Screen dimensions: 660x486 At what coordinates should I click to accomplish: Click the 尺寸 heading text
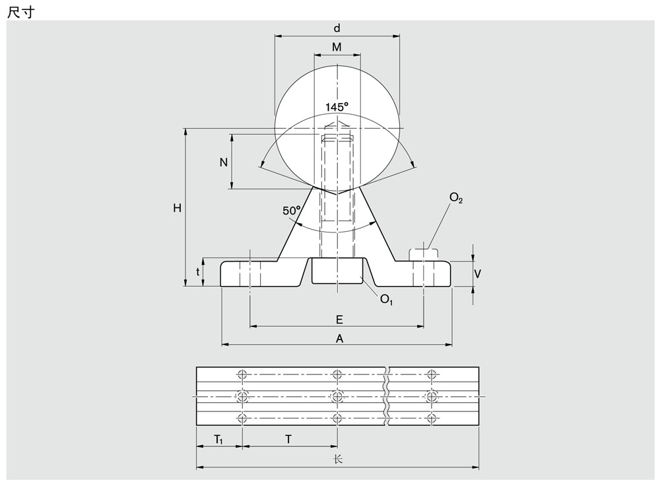pos(20,12)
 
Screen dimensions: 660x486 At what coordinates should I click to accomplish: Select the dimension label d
pos(337,28)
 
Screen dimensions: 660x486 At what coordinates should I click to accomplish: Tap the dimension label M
pos(337,47)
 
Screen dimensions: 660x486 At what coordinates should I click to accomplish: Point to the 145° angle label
pos(337,107)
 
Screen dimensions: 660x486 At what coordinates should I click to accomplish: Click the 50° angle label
pos(292,210)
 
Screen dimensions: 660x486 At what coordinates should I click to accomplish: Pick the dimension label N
pos(224,162)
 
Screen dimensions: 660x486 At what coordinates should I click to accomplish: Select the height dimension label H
pos(177,207)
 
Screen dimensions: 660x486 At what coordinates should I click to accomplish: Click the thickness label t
pos(197,272)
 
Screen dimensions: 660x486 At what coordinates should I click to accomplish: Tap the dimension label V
pos(478,274)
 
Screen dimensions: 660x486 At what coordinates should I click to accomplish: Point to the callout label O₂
pos(456,197)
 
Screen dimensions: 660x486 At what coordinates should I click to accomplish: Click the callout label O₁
pos(386,299)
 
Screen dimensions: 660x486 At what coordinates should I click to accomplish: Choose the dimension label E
pos(339,320)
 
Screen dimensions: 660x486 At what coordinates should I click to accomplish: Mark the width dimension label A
pos(339,338)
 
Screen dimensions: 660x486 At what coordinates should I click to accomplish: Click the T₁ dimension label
pos(218,440)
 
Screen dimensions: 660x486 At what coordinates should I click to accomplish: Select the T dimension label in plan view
pos(288,439)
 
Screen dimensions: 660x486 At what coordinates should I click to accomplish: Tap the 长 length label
pos(337,459)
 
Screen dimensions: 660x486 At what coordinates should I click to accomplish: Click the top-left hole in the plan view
pos(242,374)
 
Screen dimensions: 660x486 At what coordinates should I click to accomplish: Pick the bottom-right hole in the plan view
pos(432,418)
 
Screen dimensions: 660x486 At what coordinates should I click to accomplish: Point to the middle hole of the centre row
pos(337,396)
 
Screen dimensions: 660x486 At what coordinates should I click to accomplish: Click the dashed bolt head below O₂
pos(424,254)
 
